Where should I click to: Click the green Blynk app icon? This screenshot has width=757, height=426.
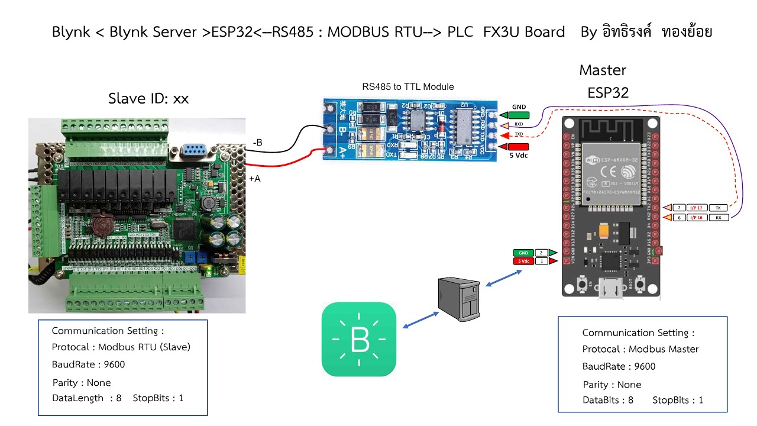coord(359,339)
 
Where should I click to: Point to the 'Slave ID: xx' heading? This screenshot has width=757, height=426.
coord(148,99)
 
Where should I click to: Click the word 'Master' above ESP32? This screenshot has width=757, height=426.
coord(603,70)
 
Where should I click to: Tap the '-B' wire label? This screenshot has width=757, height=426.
coord(257,143)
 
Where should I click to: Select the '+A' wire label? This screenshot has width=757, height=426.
coord(254,178)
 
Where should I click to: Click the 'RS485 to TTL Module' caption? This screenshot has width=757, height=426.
coord(408,87)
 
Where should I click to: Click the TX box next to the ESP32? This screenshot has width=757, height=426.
coord(718,208)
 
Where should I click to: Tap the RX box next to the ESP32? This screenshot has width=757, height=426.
coord(718,218)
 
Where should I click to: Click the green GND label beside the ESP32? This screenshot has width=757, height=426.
coord(524,253)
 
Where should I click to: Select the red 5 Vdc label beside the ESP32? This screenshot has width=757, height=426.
coord(524,261)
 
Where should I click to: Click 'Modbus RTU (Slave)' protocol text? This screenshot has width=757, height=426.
coord(144,347)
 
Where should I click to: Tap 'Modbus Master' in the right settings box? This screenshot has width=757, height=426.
coord(664,349)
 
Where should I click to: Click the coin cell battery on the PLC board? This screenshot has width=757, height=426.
coord(102,225)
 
